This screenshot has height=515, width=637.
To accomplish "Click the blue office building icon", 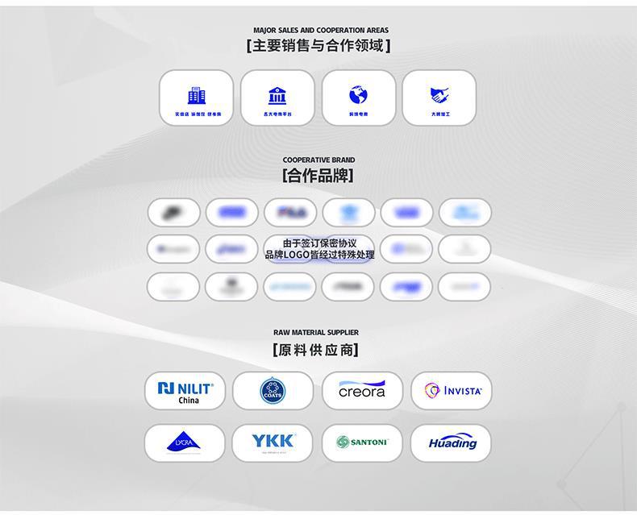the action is [x=196, y=96].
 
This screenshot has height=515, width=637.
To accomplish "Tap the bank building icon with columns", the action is [x=277, y=96].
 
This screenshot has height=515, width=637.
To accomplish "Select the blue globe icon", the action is [x=358, y=95].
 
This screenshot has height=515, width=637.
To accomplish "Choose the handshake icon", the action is [x=439, y=95].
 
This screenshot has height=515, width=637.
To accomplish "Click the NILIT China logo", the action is [x=185, y=392].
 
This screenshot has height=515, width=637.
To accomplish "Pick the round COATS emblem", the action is [x=273, y=392].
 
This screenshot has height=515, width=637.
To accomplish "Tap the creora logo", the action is [x=362, y=391].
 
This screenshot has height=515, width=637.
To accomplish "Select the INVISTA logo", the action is [x=452, y=391].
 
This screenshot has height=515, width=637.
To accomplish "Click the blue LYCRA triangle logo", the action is [x=184, y=442].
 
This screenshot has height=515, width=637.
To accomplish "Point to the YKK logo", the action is [x=273, y=442].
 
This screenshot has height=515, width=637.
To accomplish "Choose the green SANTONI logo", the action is [x=362, y=442].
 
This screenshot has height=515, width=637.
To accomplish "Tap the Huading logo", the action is [x=452, y=443].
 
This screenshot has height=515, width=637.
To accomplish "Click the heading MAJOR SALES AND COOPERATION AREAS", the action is [x=320, y=31].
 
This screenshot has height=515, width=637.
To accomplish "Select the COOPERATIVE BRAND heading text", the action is [x=318, y=160].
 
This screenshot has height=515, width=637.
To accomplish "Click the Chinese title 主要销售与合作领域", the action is [x=318, y=46].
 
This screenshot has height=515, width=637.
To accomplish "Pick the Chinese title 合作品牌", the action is [x=318, y=176].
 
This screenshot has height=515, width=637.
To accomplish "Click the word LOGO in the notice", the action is [x=296, y=255].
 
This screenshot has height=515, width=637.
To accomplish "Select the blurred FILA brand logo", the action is [x=291, y=213].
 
